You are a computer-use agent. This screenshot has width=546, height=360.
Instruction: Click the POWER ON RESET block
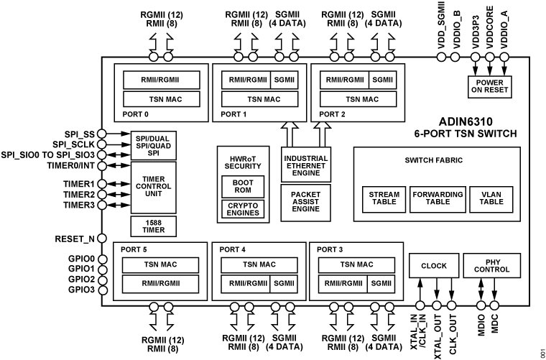click(x=489, y=86)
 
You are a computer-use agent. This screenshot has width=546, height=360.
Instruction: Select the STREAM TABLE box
click(x=384, y=198)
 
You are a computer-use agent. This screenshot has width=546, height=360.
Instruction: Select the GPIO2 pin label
click(x=80, y=279)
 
